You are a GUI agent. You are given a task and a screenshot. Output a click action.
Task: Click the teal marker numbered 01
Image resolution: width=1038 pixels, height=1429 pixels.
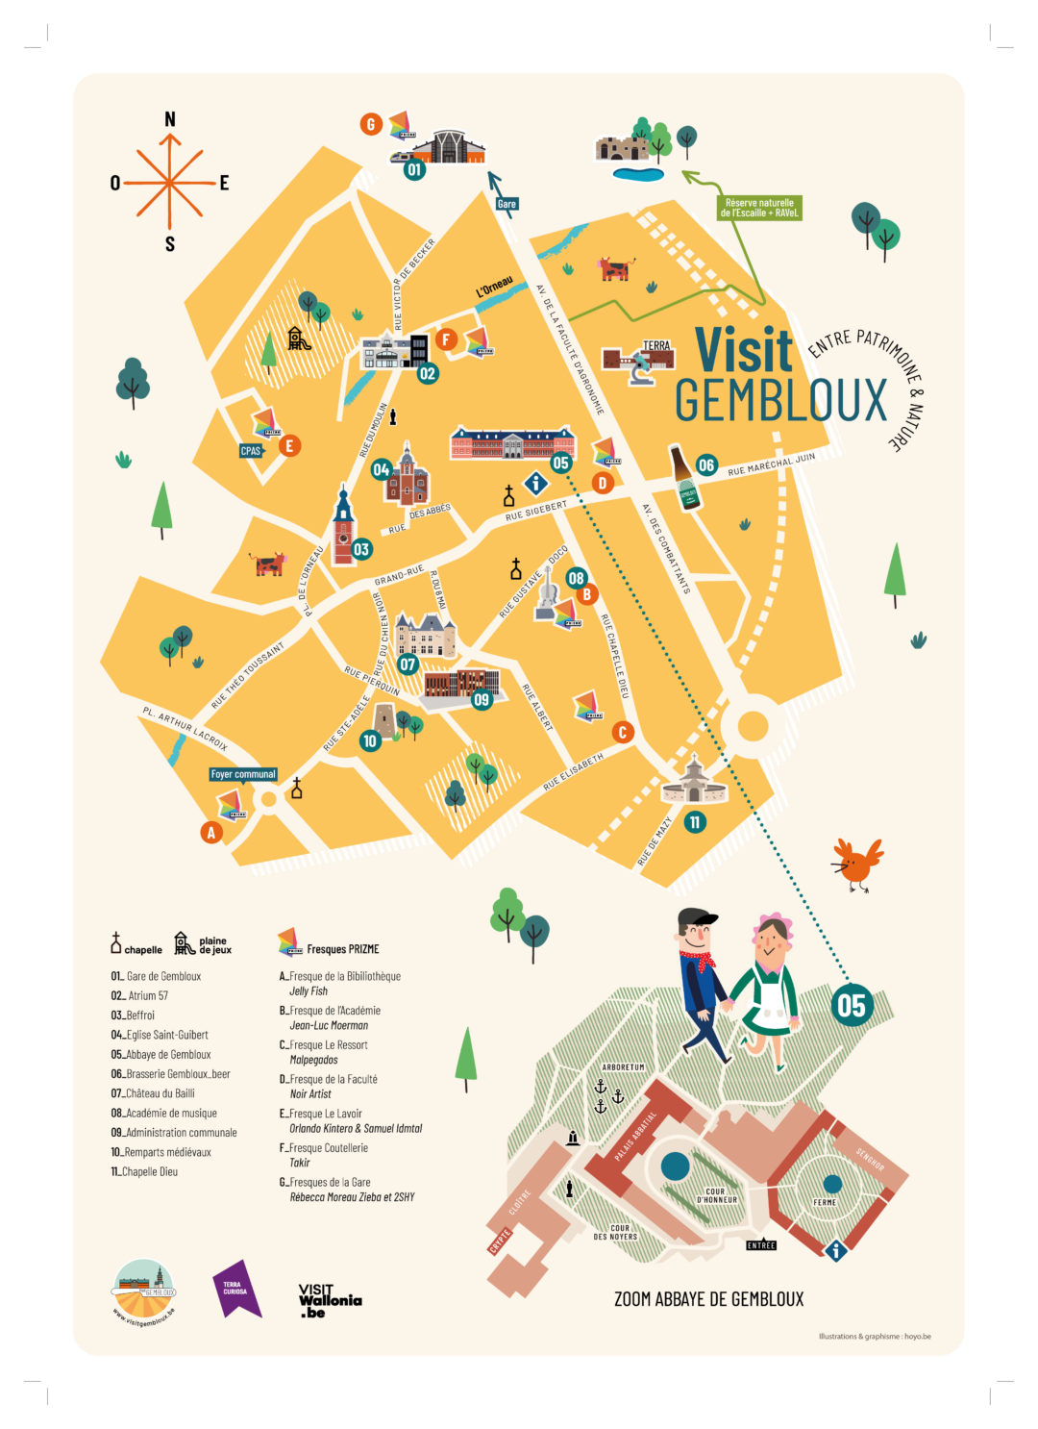pyautogui.click(x=414, y=170)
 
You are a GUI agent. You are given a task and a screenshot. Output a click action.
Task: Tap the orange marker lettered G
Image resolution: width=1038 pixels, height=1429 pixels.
pyautogui.click(x=371, y=124)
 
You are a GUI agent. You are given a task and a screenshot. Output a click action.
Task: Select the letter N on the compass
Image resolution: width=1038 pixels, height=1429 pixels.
pyautogui.click(x=170, y=119)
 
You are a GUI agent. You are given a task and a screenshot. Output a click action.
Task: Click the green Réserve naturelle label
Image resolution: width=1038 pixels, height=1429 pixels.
pyautogui.click(x=759, y=208)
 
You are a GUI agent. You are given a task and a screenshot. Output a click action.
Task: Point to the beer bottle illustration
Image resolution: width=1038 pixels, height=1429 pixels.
pyautogui.click(x=686, y=479)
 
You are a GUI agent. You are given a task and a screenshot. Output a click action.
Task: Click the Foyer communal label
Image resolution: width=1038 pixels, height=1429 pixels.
pyautogui.click(x=243, y=774)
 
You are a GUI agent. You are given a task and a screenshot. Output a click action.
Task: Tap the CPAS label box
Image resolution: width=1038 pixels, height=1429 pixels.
pyautogui.click(x=251, y=450)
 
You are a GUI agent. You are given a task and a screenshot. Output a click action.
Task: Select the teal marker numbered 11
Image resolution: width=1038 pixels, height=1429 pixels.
pyautogui.click(x=695, y=822)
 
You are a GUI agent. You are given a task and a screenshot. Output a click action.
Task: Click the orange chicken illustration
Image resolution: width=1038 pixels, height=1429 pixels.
pyautogui.click(x=856, y=864)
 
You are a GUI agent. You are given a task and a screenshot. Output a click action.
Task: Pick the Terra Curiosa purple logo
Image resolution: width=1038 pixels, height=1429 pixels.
pyautogui.click(x=235, y=1289)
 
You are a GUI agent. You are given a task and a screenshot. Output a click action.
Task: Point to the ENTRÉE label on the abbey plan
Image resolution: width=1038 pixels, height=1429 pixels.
pyautogui.click(x=761, y=1245)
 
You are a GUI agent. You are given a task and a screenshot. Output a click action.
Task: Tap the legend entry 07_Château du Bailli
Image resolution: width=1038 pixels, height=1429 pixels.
pyautogui.click(x=153, y=1093)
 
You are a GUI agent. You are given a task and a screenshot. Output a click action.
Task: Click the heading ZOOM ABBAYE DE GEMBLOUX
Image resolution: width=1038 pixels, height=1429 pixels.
pyautogui.click(x=708, y=1299)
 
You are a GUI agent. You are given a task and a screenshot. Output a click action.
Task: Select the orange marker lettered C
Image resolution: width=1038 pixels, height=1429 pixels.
pyautogui.click(x=623, y=732)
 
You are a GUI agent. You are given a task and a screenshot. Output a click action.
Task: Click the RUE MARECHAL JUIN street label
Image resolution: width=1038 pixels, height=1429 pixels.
pyautogui.click(x=771, y=464)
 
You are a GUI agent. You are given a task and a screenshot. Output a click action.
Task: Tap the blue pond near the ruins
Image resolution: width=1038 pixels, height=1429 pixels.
pyautogui.click(x=638, y=174)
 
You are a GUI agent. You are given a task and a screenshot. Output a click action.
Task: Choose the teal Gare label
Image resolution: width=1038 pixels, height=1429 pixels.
pyautogui.click(x=507, y=204)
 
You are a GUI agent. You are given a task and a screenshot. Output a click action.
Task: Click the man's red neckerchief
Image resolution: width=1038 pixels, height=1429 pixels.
pyautogui.click(x=699, y=960)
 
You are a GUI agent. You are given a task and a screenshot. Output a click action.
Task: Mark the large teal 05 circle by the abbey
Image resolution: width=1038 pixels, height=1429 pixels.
pyautogui.click(x=852, y=1006)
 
